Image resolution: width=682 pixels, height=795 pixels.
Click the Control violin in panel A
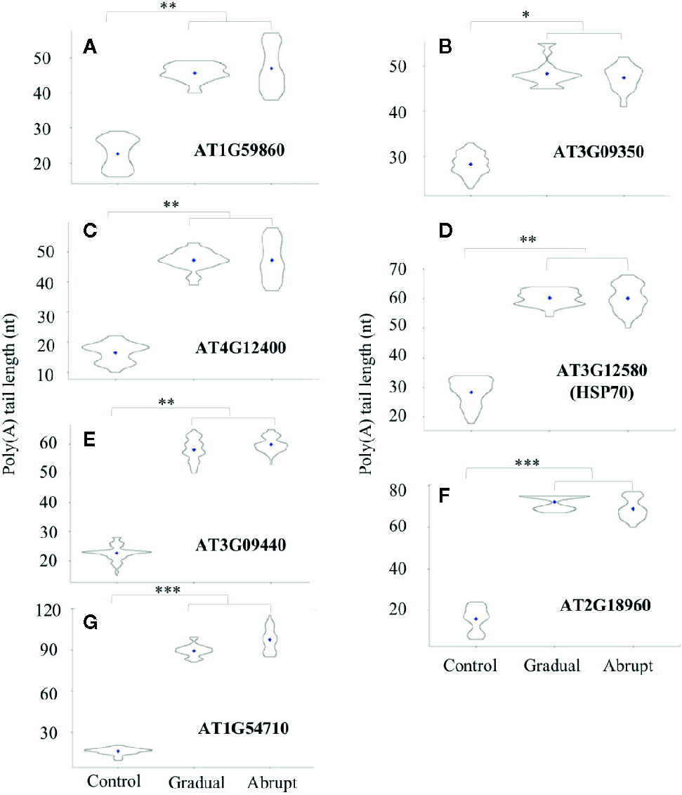click(x=118, y=153)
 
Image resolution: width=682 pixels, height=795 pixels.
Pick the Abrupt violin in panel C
click(x=271, y=259)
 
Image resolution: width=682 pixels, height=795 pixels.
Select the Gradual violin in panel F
click(x=554, y=502)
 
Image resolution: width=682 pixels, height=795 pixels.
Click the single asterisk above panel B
click(x=527, y=16)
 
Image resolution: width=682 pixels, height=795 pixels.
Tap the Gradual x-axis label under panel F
click(x=553, y=666)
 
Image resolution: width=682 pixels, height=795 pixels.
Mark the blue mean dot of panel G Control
click(x=118, y=751)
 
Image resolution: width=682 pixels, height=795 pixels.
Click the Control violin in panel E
click(x=117, y=553)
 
